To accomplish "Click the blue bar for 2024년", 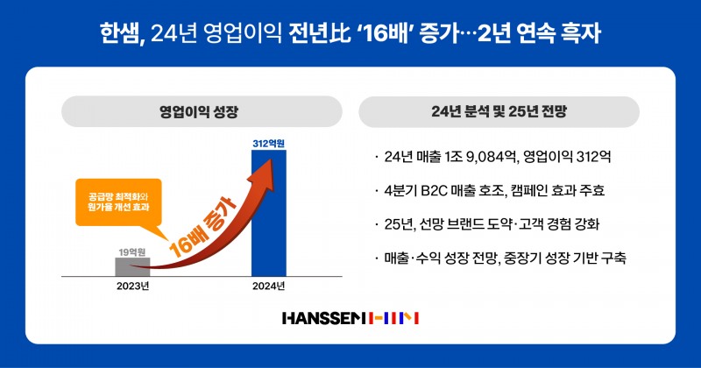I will click(x=268, y=215).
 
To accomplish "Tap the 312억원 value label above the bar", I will click(x=268, y=143).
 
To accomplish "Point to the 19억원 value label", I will click(x=131, y=251).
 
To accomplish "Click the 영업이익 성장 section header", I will click(x=199, y=112).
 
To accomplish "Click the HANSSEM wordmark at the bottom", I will click(x=323, y=317).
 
